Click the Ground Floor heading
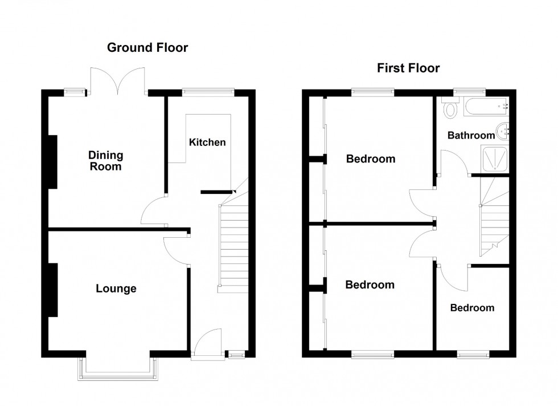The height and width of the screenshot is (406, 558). [147, 48]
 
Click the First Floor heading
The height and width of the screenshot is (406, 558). [408, 68]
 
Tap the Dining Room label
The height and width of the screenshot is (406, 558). [105, 161]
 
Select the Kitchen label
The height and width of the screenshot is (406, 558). [207, 142]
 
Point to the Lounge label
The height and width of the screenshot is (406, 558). [116, 289]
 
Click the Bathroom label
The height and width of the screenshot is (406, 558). [471, 135]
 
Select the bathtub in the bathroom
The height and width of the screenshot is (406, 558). [484, 105]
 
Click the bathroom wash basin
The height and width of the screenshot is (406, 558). [503, 131]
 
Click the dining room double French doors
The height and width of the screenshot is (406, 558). [118, 81]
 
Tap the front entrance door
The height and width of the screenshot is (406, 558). [206, 345]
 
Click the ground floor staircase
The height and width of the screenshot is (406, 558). [233, 245]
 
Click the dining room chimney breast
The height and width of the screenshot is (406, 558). [52, 161]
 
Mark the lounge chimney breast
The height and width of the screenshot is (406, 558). [52, 289]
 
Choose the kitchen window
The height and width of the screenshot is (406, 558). [208, 91]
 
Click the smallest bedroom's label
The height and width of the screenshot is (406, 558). [472, 308]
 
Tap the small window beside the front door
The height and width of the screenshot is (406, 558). [236, 355]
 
